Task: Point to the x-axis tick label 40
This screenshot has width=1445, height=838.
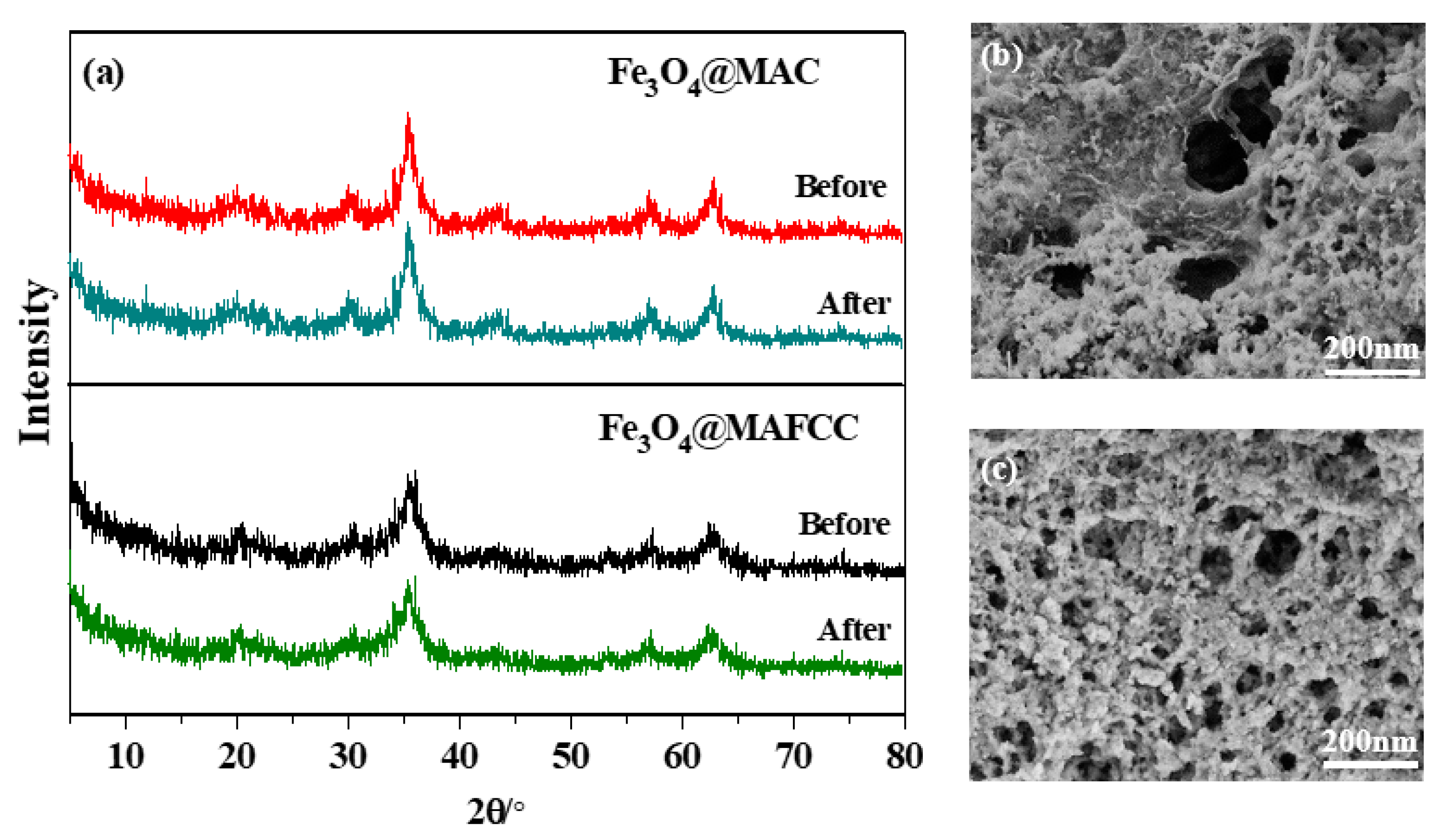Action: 459,757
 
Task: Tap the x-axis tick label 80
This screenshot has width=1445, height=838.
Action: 904,757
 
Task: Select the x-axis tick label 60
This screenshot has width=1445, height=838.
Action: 682,757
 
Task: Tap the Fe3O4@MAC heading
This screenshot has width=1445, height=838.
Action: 713,75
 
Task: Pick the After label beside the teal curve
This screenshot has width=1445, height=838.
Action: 854,304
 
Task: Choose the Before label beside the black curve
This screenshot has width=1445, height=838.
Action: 844,524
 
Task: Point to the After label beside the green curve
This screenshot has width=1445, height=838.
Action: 854,630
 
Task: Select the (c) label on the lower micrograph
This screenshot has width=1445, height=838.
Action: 998,471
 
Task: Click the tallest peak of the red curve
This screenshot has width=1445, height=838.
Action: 408,115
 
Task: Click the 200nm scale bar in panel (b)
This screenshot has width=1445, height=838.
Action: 1371,372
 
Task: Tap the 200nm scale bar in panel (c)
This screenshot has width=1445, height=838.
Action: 1370,764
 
